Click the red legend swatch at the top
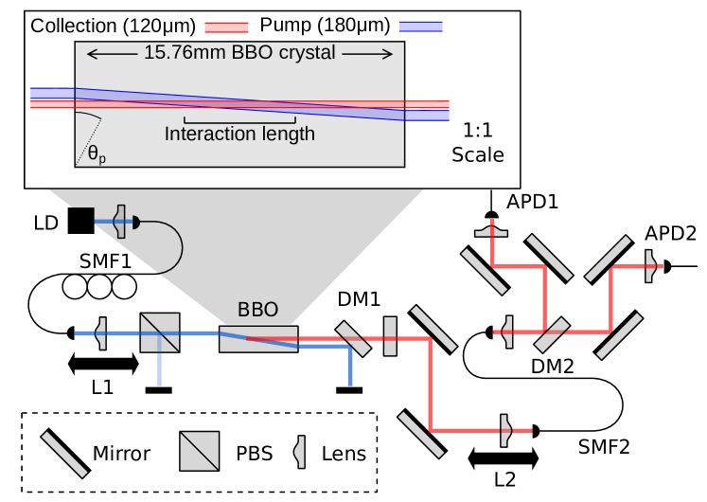tap(226, 27)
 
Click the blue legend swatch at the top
tap(420, 27)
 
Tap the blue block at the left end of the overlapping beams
tap(52, 93)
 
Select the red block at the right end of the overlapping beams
tap(428, 105)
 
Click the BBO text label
tap(257, 310)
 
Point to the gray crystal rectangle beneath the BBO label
tap(258, 339)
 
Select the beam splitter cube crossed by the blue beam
tap(160, 332)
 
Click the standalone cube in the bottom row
tap(200, 451)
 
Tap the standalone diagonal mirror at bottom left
tap(64, 455)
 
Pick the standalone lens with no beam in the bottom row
tap(300, 452)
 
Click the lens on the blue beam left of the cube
tap(101, 333)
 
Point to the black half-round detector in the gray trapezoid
tap(135, 222)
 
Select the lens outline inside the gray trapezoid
tap(119, 222)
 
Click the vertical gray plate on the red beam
tap(390, 336)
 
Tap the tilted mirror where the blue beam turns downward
tap(353, 339)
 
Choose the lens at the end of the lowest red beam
tap(504, 430)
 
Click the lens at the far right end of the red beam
tap(649, 266)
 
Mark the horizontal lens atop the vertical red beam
tap(491, 230)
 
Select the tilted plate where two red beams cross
tap(552, 334)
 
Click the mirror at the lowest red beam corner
tap(421, 435)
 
